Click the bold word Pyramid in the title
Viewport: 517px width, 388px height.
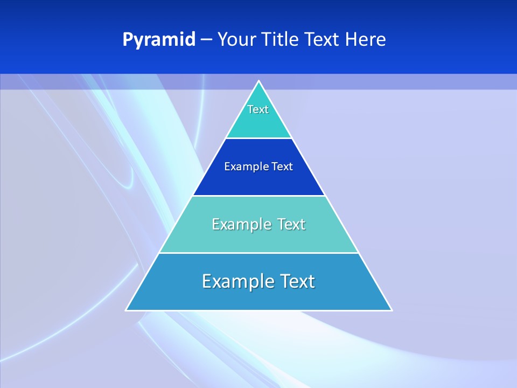[x=159, y=40]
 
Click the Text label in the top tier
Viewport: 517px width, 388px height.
[x=258, y=109]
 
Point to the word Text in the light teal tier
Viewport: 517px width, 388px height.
[x=291, y=224]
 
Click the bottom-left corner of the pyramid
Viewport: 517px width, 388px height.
[x=127, y=310]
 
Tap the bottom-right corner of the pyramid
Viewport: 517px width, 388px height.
[x=392, y=310]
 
